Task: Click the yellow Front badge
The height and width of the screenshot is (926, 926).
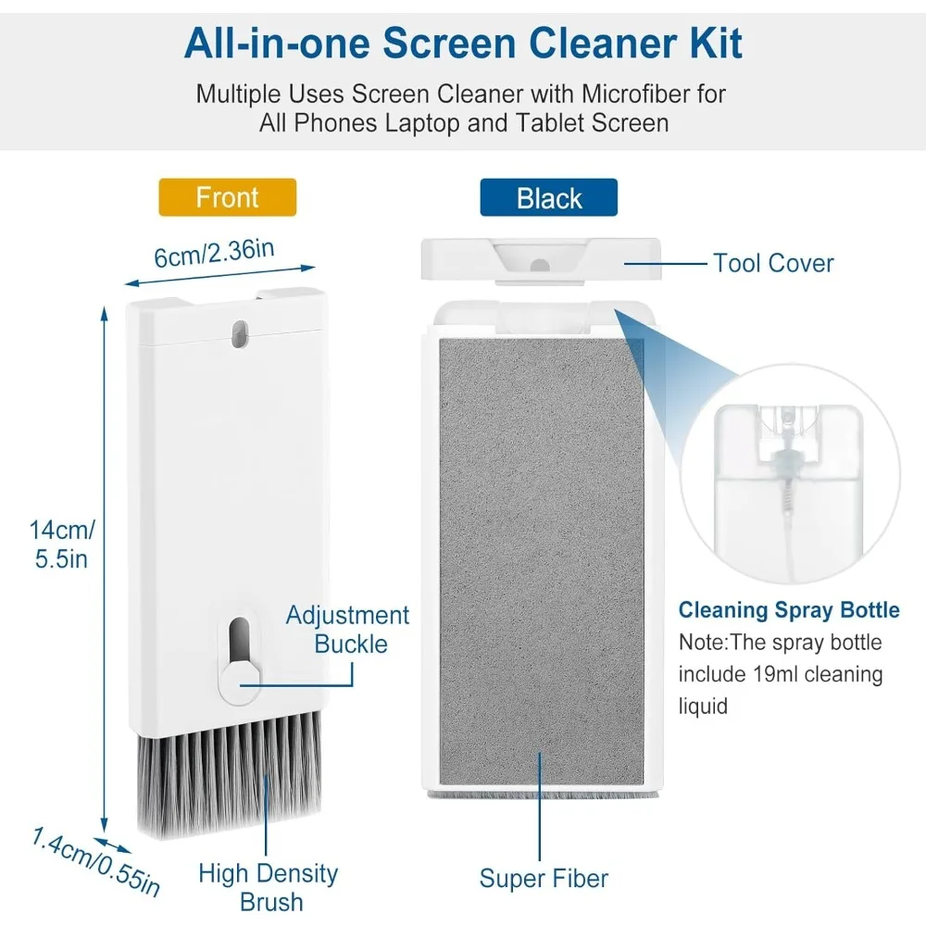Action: tap(228, 197)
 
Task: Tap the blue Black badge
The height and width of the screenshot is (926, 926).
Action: tap(549, 198)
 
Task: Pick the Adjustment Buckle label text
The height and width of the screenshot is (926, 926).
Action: tap(347, 629)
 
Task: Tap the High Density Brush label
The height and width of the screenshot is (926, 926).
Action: tap(269, 887)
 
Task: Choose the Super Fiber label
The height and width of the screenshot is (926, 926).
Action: tap(544, 878)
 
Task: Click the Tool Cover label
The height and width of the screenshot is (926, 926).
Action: tap(773, 263)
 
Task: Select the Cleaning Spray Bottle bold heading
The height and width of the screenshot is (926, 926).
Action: tap(789, 610)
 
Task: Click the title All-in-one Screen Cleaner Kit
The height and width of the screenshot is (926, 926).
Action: tap(463, 43)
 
